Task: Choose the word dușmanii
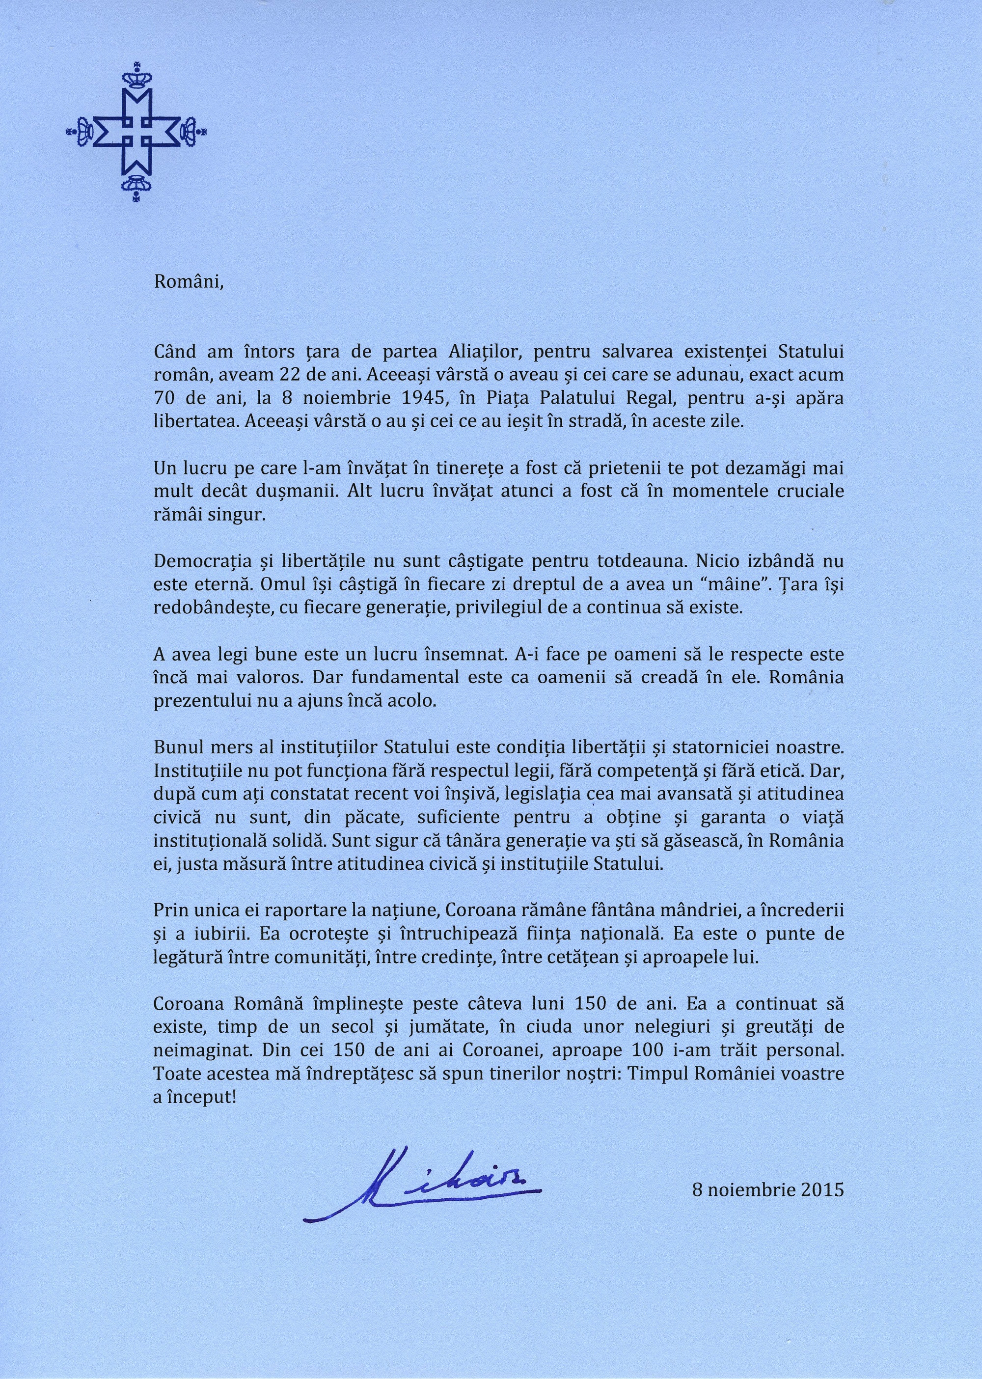tap(300, 491)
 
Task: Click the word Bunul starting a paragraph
tap(175, 747)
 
